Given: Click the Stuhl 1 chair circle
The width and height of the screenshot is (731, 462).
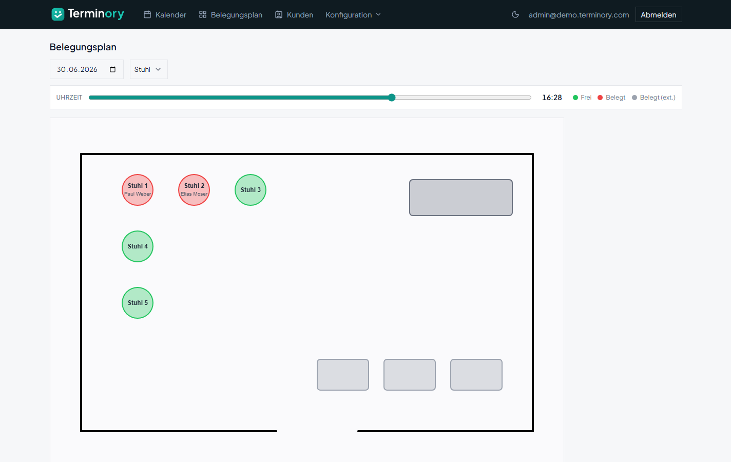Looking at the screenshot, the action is tap(138, 190).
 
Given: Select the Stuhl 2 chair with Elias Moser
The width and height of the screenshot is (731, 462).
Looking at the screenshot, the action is tap(194, 190).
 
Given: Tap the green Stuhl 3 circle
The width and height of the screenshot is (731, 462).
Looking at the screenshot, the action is tap(251, 190).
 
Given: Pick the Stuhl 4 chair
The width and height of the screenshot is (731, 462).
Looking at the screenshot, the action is tap(138, 246).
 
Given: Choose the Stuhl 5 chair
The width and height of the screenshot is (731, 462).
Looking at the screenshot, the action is tap(138, 303).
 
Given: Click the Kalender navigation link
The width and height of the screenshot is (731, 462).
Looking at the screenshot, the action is tap(165, 15).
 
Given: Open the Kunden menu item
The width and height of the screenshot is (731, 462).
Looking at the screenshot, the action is tap(294, 15).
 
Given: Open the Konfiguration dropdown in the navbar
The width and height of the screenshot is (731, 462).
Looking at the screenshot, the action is tap(353, 15).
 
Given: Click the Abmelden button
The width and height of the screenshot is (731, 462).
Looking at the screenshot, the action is tap(659, 15).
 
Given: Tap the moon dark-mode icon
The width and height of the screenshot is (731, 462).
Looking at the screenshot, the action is tap(515, 14).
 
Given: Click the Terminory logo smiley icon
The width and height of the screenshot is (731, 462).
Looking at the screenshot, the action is tap(58, 14).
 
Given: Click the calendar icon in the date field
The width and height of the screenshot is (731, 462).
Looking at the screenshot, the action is tap(112, 69).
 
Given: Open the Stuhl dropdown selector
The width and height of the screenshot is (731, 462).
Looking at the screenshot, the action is tap(148, 69).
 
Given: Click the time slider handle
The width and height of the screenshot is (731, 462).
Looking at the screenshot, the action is tap(392, 97).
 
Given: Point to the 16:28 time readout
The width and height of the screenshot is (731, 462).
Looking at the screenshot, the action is tap(552, 98).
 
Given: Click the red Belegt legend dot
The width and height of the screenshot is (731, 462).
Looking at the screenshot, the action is tap(600, 98).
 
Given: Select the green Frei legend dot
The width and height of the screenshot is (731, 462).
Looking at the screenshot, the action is tap(575, 98).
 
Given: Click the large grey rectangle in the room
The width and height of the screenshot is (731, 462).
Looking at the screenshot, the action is tap(461, 198).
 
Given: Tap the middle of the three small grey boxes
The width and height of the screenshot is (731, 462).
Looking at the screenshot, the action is tap(410, 375).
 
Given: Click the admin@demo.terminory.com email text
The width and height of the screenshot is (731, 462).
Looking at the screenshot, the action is tap(579, 15).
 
